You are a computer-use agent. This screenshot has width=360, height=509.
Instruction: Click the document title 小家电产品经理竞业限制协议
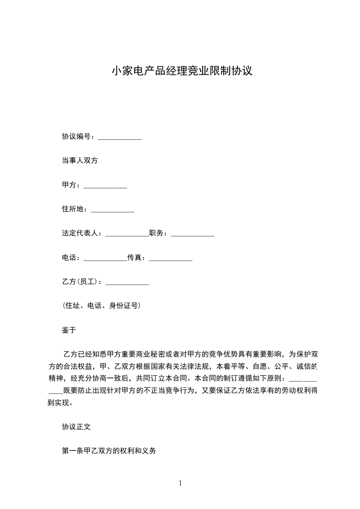(182, 71)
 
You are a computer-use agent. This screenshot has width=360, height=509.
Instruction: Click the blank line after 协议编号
(120, 137)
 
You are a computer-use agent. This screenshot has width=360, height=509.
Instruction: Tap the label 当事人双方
(80, 161)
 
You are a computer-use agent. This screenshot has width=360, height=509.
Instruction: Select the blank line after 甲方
(105, 186)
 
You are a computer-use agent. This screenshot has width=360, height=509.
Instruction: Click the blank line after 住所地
(113, 210)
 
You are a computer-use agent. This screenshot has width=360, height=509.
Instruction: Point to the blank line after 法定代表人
(127, 235)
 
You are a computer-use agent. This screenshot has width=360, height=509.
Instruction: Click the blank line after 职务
(192, 235)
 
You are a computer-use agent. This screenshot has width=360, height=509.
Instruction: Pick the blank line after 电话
(105, 259)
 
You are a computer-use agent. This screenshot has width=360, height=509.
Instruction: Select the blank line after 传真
(171, 259)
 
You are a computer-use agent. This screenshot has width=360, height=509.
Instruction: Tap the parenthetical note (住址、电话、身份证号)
(101, 306)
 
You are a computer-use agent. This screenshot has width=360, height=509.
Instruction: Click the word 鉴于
(69, 330)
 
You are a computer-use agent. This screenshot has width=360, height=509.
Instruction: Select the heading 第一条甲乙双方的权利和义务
(109, 451)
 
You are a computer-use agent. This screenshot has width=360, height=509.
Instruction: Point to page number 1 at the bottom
(180, 483)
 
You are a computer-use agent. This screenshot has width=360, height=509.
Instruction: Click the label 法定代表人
(80, 234)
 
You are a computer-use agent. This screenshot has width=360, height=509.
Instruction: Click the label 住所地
(73, 209)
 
